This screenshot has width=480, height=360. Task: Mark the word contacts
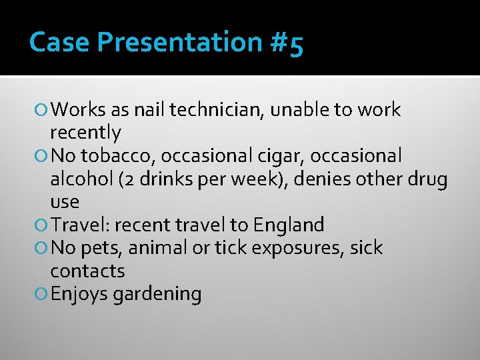(x=87, y=271)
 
